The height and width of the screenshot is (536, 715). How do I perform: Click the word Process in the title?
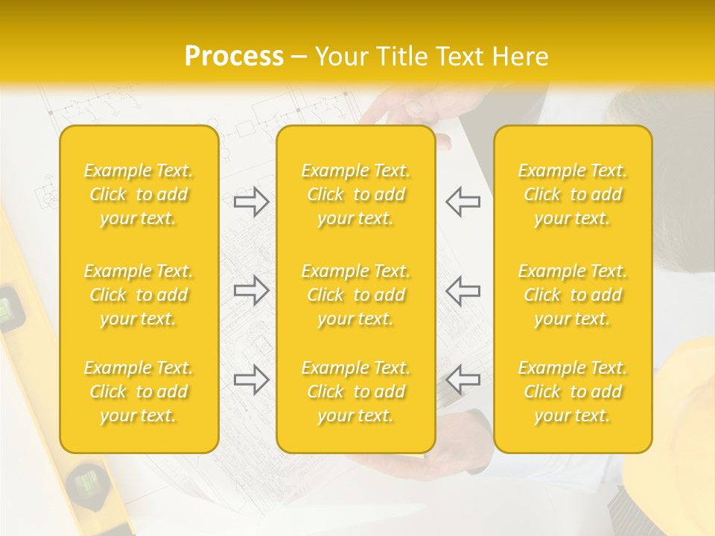click(x=234, y=56)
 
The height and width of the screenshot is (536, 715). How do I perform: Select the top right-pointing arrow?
click(x=251, y=202)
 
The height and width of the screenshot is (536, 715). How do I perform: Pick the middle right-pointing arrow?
click(x=251, y=290)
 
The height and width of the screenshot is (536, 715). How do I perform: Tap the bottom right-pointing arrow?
click(x=251, y=380)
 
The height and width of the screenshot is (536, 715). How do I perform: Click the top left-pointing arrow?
click(x=463, y=202)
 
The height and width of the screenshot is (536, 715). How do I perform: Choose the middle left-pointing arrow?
click(x=463, y=290)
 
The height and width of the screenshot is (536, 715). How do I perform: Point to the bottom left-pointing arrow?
click(x=463, y=380)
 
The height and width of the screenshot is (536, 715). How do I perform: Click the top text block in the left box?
click(x=139, y=194)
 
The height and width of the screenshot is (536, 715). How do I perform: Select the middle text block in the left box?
click(x=139, y=295)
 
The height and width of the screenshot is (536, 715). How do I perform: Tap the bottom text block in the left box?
click(x=139, y=392)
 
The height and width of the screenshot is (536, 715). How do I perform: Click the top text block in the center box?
click(x=356, y=194)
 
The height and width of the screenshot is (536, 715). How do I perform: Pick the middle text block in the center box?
click(x=356, y=295)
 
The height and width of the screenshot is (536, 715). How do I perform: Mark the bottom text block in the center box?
click(x=356, y=392)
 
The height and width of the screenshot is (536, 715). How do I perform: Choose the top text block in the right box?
click(x=573, y=194)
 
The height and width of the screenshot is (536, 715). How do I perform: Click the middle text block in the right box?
click(x=573, y=295)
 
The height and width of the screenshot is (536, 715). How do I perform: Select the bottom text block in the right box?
click(x=573, y=392)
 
